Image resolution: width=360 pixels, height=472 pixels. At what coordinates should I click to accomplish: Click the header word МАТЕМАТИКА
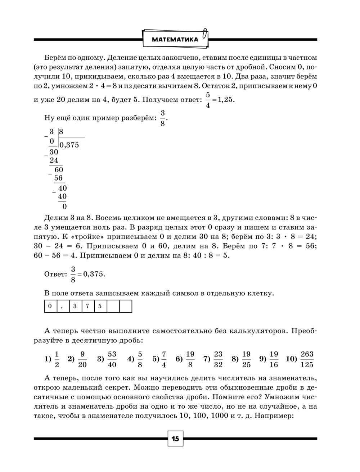(175, 40)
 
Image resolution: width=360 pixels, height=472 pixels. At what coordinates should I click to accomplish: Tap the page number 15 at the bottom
(175, 439)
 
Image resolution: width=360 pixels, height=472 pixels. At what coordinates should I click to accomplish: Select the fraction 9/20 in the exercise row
(82, 359)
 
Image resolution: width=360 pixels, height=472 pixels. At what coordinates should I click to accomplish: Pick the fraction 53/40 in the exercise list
(112, 359)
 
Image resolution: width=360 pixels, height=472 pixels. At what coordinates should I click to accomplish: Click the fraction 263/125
(307, 359)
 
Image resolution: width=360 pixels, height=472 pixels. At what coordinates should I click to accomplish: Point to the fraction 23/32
(218, 359)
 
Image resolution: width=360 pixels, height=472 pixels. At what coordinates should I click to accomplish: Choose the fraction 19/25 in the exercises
(246, 359)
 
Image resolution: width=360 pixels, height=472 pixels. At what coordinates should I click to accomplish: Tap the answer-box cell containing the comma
(62, 307)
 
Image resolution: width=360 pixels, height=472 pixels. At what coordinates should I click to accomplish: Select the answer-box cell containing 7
(87, 307)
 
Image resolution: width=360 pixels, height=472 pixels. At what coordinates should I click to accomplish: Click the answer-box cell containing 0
(50, 307)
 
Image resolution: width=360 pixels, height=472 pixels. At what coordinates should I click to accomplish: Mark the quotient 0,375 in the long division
(69, 145)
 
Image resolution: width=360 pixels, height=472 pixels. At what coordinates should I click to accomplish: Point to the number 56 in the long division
(58, 178)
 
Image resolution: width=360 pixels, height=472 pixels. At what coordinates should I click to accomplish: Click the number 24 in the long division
(54, 160)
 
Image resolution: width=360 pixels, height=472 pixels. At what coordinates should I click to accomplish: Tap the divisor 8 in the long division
(61, 132)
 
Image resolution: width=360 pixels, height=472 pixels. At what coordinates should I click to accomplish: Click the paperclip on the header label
(205, 35)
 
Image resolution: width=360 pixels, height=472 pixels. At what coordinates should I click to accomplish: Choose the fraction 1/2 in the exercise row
(57, 359)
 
